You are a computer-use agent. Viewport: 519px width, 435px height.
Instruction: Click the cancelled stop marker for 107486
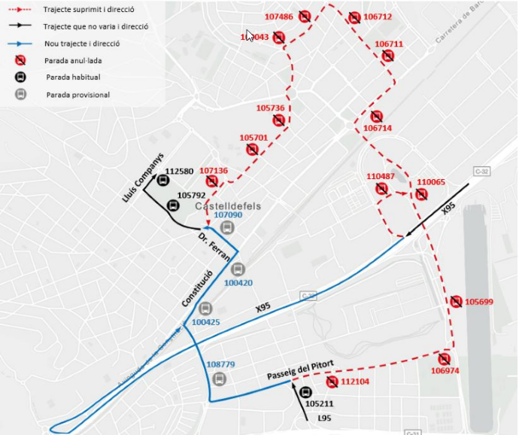point(305,17)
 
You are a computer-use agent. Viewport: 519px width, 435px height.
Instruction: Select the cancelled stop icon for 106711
point(388,56)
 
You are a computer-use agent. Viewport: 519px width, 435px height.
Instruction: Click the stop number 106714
point(377,128)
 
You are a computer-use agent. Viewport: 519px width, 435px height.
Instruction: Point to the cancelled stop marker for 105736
point(279,120)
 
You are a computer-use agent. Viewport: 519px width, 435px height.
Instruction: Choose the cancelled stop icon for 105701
point(253,150)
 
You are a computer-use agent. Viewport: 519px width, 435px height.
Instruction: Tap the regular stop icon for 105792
point(172,205)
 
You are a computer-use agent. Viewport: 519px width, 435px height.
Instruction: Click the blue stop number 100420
point(238,283)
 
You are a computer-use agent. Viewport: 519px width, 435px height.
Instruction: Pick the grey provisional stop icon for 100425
point(205,309)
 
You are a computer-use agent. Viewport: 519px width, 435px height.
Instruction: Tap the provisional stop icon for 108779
point(219,378)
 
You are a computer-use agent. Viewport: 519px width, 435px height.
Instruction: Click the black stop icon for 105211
point(305,392)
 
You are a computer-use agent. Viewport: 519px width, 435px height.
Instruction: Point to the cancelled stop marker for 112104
point(332,382)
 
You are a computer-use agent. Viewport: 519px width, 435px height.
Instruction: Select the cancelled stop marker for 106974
point(444,359)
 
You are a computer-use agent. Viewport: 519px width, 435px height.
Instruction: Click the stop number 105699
point(479,302)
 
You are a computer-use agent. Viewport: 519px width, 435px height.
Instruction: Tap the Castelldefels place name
point(226,205)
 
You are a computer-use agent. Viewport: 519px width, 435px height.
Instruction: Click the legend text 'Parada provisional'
point(77,95)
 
